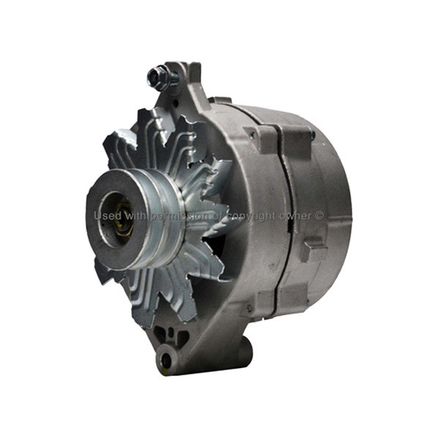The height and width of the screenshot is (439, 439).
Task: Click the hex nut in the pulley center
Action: [122, 221]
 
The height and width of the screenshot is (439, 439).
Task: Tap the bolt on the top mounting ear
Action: [161, 77]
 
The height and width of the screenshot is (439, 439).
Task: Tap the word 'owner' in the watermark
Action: [297, 217]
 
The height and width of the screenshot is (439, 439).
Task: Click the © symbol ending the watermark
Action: [320, 216]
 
